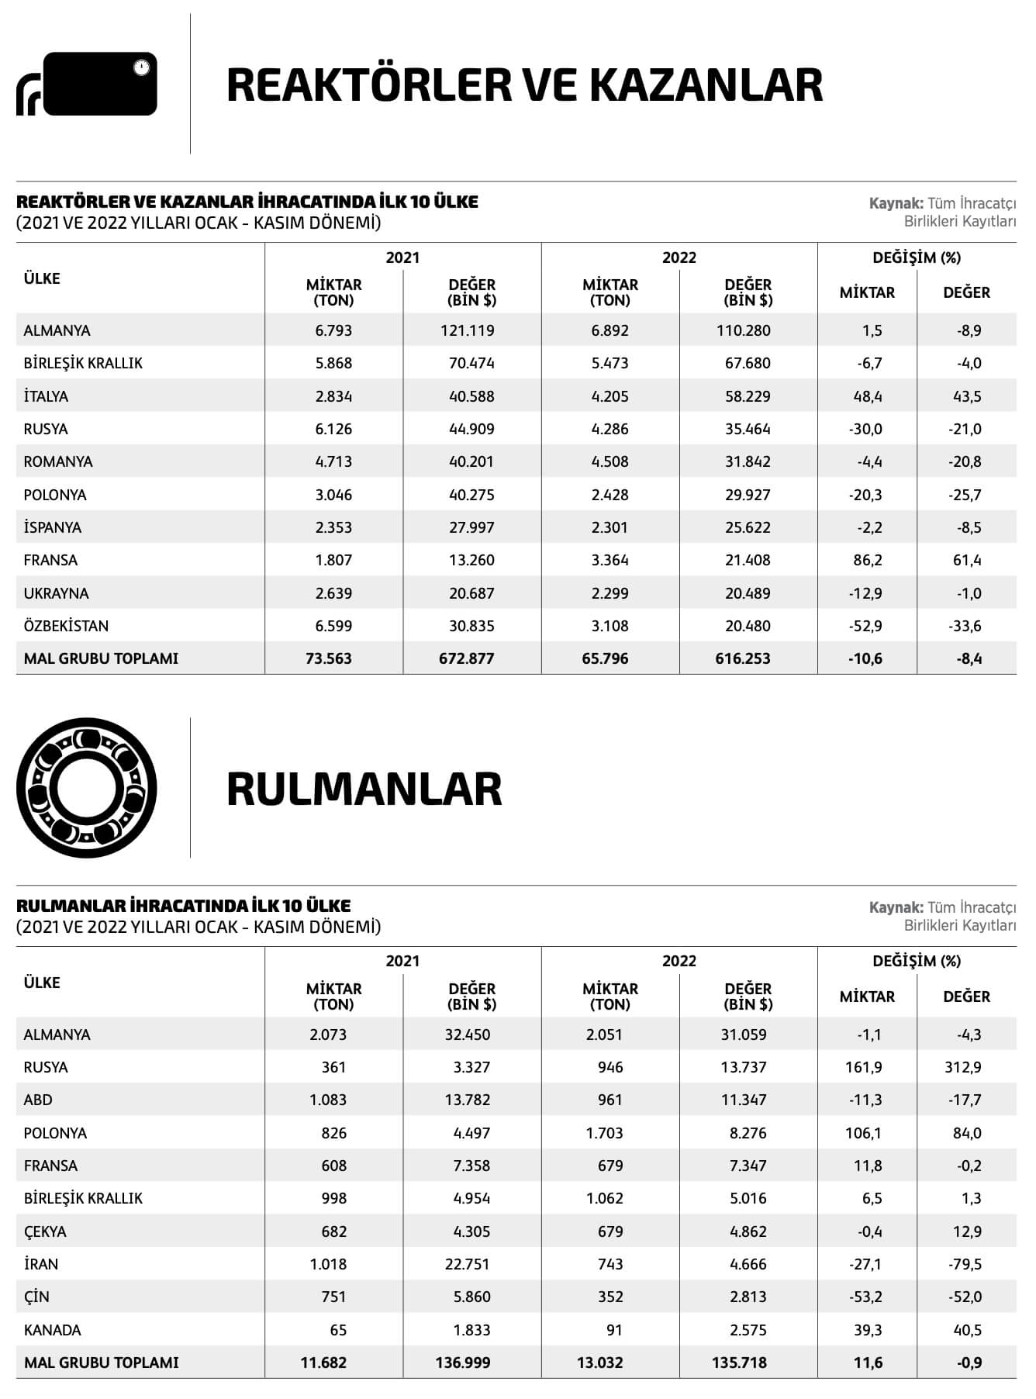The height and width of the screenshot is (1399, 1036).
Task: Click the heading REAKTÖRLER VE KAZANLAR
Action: [524, 85]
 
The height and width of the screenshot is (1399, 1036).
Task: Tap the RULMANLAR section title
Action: [364, 789]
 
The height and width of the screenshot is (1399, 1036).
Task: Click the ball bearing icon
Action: [86, 788]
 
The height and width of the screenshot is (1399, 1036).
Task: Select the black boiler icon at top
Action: [87, 84]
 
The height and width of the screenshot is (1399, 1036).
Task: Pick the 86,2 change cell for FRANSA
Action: [867, 560]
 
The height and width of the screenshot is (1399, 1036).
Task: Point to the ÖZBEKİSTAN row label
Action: [66, 626]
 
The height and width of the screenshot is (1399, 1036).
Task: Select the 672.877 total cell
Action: [467, 658]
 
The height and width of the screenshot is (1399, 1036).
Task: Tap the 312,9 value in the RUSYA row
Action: [963, 1067]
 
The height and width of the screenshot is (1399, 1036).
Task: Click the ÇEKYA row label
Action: [45, 1231]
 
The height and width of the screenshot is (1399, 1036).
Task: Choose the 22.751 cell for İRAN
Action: [467, 1264]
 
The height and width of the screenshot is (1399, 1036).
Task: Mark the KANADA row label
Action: [52, 1330]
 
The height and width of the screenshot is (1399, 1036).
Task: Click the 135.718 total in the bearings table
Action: [739, 1363]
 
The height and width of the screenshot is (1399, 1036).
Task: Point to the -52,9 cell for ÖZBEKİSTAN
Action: [865, 626]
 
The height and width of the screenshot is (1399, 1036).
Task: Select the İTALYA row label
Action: [46, 396]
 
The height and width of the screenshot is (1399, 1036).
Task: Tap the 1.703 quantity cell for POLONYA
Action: [605, 1133]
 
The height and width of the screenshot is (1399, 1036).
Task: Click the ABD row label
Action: [38, 1100]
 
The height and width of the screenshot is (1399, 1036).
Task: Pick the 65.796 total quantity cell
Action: [605, 658]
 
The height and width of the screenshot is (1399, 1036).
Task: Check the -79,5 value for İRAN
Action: [965, 1264]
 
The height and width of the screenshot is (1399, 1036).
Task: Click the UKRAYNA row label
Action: [56, 593]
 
